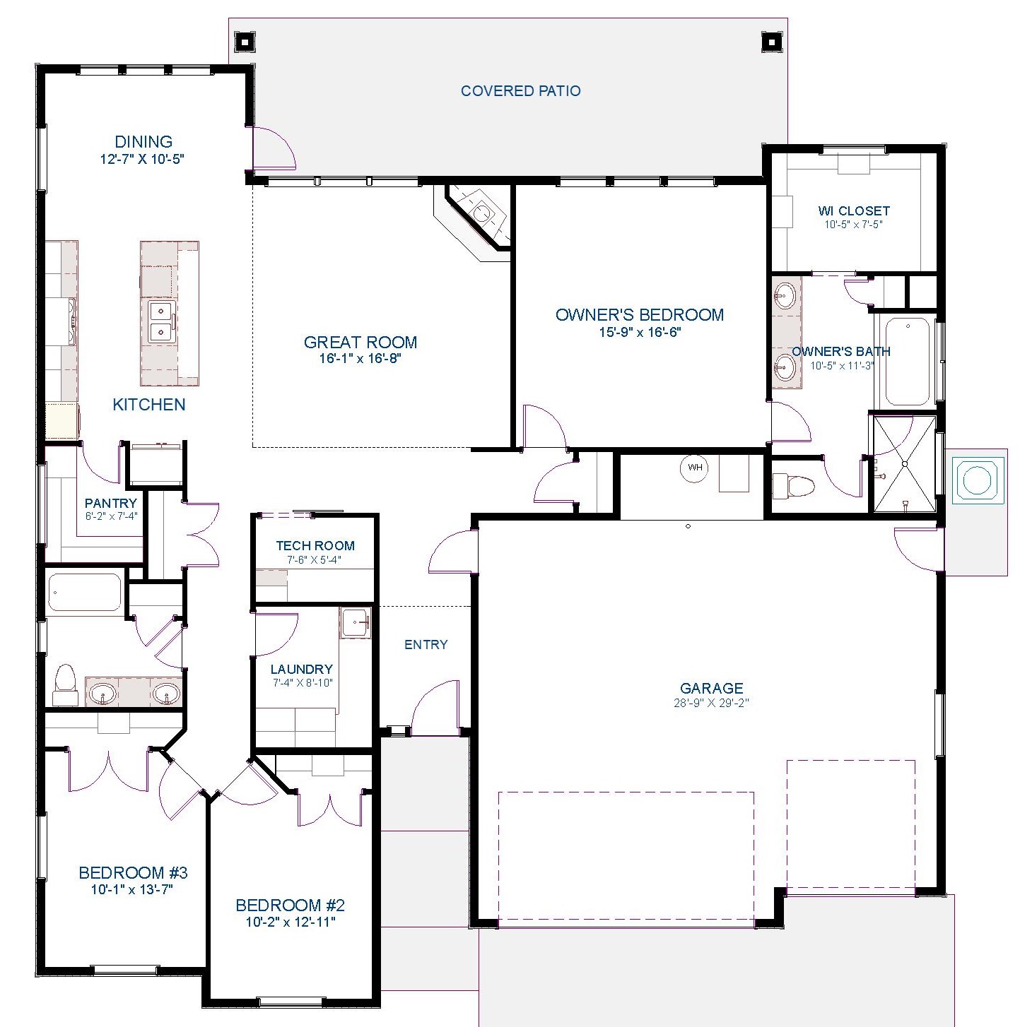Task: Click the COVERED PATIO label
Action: coord(520,90)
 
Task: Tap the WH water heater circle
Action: coord(695,468)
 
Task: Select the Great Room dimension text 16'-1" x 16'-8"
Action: coord(360,358)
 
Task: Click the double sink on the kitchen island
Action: coord(160,321)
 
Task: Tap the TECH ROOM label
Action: coord(315,546)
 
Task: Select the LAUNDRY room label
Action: coord(301,670)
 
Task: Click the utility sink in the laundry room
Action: coord(356,622)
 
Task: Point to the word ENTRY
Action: coord(426,645)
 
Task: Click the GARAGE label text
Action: coord(712,688)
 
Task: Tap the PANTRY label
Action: coord(111,503)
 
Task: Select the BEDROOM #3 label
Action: coord(133,872)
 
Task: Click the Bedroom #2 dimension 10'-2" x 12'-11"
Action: coord(291,922)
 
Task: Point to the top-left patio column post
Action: coord(245,42)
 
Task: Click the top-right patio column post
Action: coord(771,42)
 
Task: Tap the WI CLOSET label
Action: coord(854,211)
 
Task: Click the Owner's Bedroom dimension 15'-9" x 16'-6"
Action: coord(640,332)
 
